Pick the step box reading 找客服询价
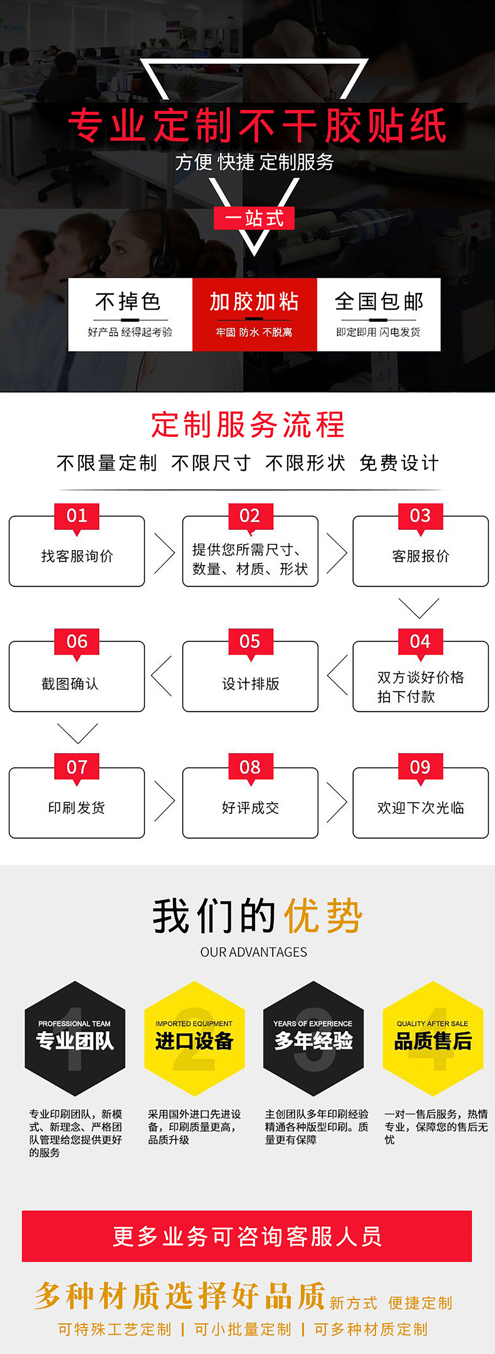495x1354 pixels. (x=77, y=556)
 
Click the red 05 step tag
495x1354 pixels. (x=250, y=641)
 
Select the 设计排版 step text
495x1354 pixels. (x=250, y=683)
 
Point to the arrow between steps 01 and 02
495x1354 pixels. (x=164, y=553)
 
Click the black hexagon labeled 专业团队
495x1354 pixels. (x=75, y=1038)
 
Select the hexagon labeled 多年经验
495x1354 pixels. (x=313, y=1038)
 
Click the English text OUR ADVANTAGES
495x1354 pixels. (x=254, y=952)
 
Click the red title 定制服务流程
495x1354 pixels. (x=248, y=425)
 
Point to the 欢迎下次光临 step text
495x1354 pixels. (x=420, y=807)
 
